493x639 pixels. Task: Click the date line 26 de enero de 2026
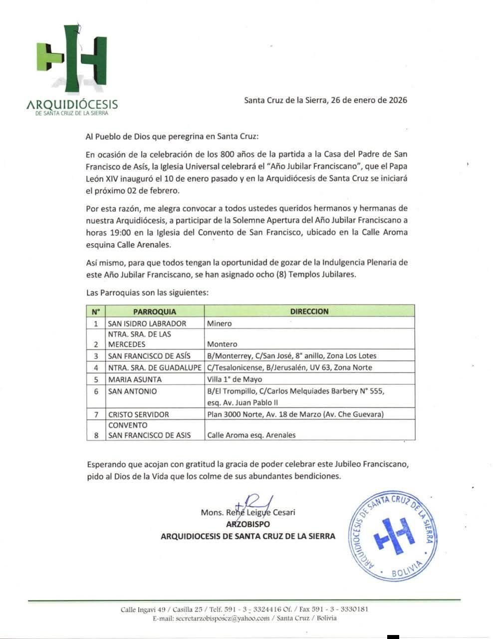pos(325,100)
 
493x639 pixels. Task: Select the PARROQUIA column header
pos(155,312)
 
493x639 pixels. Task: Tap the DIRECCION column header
pos(309,312)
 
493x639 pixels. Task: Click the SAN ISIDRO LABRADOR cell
pos(147,323)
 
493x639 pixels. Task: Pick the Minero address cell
pos(220,323)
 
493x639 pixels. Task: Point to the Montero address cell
pos(223,344)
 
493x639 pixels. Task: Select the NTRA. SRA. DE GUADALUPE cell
pos(155,367)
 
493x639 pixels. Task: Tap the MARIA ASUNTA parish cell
pos(135,379)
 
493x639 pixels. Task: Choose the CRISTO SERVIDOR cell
pos(139,414)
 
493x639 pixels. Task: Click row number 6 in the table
pos(96,391)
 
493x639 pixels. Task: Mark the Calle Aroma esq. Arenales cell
pos(251,435)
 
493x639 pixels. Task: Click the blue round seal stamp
pos(393,535)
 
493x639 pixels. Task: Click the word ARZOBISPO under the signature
pos(248,524)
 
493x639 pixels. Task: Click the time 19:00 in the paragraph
pos(122,232)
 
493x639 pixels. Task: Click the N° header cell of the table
pos(96,312)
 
